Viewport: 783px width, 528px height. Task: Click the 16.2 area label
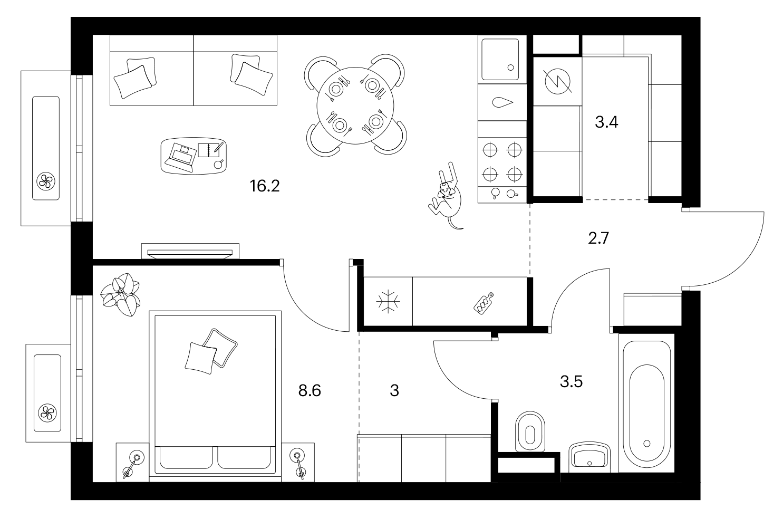[x=265, y=186]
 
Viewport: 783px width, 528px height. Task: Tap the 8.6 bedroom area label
[x=310, y=390]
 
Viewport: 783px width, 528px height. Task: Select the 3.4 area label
[x=606, y=122]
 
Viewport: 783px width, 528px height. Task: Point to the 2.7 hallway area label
[x=598, y=238]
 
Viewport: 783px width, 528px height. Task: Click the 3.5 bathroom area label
[x=571, y=381]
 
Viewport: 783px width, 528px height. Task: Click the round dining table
[x=355, y=105]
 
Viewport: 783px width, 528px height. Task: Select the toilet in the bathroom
[x=530, y=432]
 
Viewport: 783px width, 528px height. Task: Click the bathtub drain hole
[x=646, y=444]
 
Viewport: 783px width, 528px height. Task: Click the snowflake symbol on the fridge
[x=388, y=301]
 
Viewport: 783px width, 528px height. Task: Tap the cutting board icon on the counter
[x=484, y=303]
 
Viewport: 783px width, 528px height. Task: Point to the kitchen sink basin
[x=500, y=60]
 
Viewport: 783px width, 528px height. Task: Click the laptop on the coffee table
[x=181, y=157]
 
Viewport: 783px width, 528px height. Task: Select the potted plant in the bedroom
[x=120, y=294]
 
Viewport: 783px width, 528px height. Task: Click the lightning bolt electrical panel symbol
[x=557, y=81]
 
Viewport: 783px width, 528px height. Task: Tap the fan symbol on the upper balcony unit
[x=46, y=181]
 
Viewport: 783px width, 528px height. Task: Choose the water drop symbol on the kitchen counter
[x=502, y=102]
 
